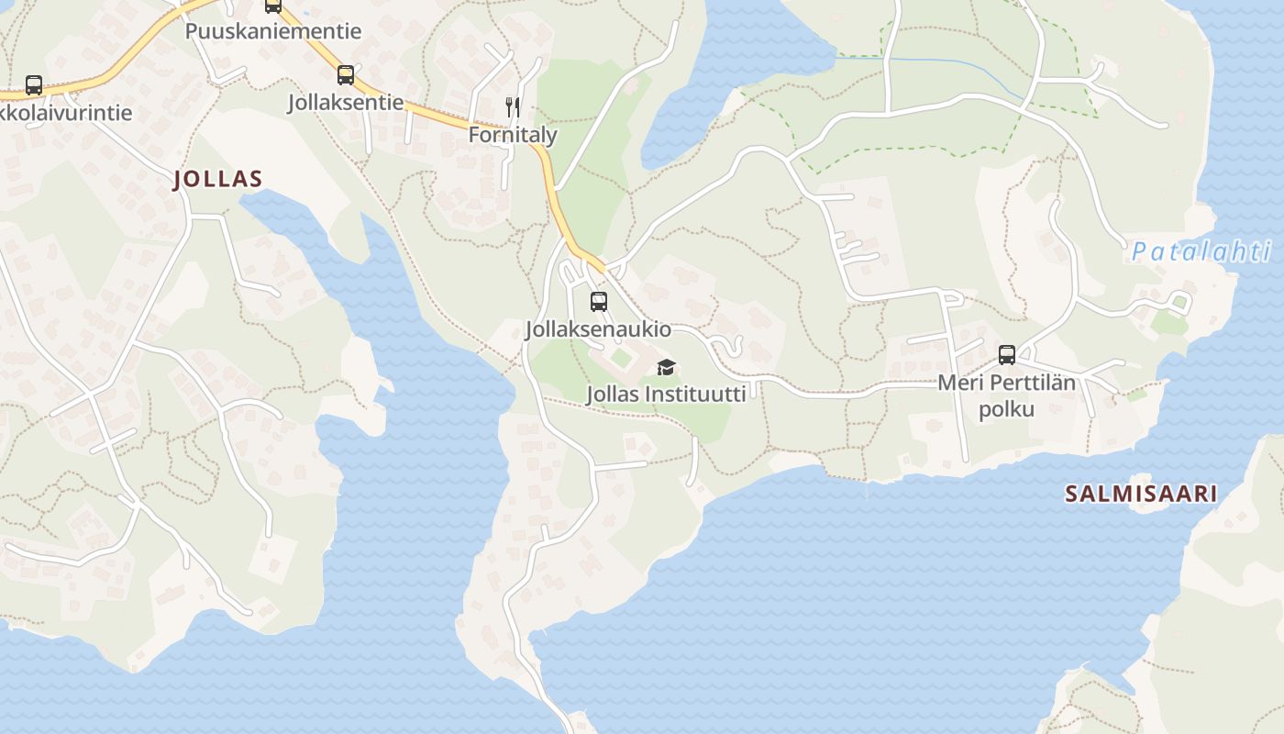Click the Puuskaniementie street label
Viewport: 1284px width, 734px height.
(x=273, y=31)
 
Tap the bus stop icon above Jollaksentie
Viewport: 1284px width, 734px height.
(x=346, y=75)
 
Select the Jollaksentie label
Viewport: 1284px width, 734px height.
(x=346, y=102)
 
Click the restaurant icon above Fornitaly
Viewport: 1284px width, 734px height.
(x=513, y=107)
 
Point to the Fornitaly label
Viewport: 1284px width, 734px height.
(x=513, y=135)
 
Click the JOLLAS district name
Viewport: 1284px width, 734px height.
(x=218, y=179)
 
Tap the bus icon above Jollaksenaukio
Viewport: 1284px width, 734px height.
(x=599, y=301)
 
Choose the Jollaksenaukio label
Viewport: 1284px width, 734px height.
(x=599, y=329)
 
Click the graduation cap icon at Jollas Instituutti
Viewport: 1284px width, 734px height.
(x=666, y=368)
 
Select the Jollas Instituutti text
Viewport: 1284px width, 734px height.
(x=666, y=395)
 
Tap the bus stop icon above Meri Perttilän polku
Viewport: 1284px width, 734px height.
(x=1006, y=355)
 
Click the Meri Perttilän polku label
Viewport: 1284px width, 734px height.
(x=1006, y=395)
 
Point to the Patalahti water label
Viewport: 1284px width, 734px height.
(x=1201, y=251)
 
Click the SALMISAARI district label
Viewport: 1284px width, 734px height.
(x=1141, y=494)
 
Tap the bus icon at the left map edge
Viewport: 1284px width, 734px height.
(x=34, y=85)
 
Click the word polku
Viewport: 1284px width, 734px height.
(x=1006, y=409)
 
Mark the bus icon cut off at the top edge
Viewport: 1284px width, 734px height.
(x=273, y=6)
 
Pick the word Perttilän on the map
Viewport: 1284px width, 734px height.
(x=1031, y=383)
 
